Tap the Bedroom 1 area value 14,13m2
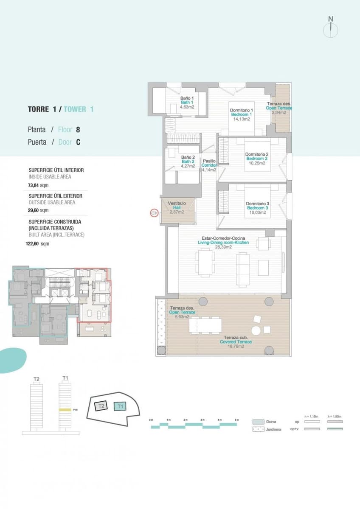241,119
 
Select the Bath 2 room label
188,162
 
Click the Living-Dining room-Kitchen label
223,243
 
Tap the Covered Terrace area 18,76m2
236,347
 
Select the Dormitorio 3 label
257,204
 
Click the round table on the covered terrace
256,330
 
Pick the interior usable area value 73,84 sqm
38,185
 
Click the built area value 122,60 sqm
37,244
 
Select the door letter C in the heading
78,143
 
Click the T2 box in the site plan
101,406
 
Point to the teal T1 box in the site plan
121,406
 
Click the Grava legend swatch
259,422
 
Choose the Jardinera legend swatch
259,429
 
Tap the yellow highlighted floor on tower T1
65,410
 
